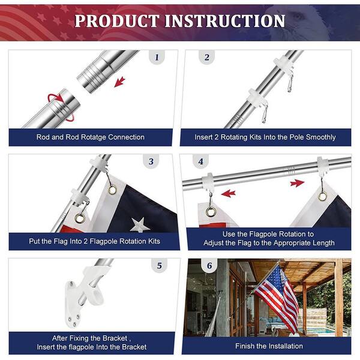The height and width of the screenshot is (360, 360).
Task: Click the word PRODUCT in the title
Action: [x=117, y=21]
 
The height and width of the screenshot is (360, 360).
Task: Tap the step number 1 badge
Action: [x=157, y=57]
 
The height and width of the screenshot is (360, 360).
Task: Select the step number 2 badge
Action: [x=206, y=57]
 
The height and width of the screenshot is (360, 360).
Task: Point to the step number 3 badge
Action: [x=151, y=161]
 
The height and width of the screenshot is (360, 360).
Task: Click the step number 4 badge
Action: [x=200, y=161]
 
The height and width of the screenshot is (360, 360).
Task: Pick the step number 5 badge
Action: [x=160, y=266]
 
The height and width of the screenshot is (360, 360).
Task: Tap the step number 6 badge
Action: [x=209, y=266]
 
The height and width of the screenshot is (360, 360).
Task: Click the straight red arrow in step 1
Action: [x=119, y=82]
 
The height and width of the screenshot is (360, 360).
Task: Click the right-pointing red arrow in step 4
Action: [x=297, y=183]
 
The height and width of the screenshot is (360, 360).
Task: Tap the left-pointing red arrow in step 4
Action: [x=229, y=194]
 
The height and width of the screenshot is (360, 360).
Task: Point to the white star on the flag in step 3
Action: [x=140, y=225]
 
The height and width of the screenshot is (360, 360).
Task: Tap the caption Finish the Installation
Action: [x=269, y=346]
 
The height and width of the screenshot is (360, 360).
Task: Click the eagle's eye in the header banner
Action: [x=298, y=16]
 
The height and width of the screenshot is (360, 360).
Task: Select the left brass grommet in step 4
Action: [x=211, y=211]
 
